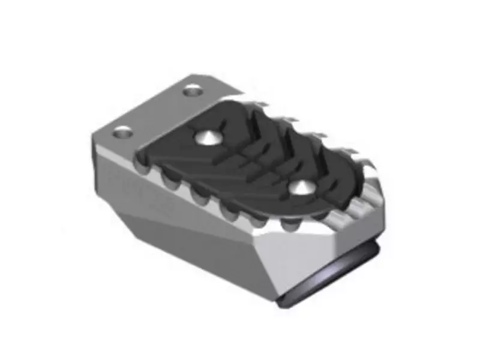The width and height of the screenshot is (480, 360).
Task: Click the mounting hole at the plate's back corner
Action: click(193, 91)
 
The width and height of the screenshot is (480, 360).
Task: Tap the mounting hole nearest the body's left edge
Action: click(122, 132)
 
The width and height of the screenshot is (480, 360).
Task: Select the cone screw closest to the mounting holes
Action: click(207, 138)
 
